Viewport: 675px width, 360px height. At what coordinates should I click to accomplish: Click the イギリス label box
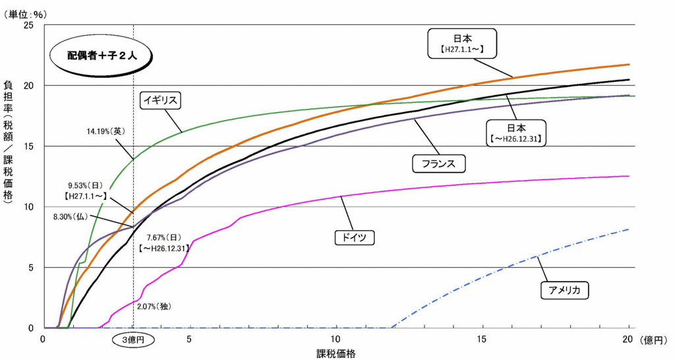point(161,100)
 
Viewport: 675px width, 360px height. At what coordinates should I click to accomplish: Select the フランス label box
point(438,163)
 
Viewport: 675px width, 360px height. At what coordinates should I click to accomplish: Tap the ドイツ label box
point(353,237)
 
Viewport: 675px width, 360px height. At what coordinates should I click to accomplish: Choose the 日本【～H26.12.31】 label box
point(517,133)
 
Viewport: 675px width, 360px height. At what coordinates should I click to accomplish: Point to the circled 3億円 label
point(133,340)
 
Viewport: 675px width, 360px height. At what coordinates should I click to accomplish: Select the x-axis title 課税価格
point(336,353)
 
